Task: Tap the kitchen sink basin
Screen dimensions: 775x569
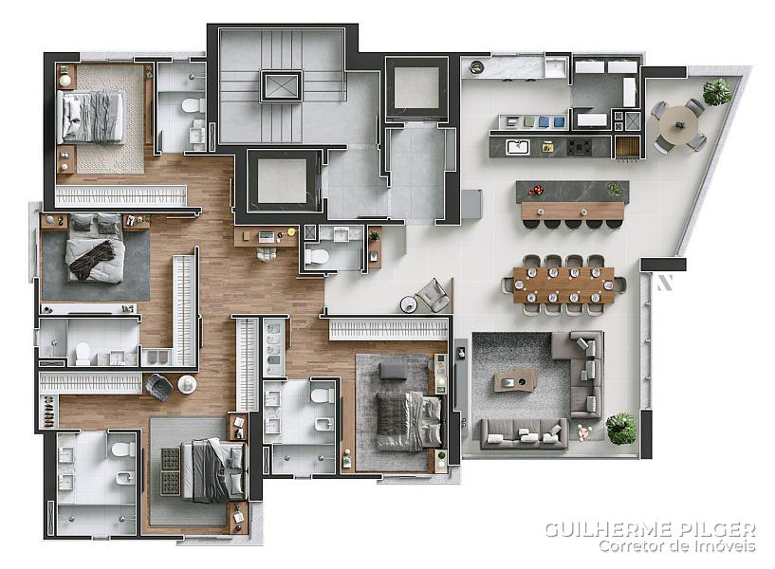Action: tap(517, 147)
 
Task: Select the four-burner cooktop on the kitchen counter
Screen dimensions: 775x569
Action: tap(580, 147)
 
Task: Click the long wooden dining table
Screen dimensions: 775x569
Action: tap(563, 285)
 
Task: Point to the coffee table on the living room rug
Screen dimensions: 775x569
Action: tap(515, 381)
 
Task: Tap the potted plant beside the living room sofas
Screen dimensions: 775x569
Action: tap(620, 428)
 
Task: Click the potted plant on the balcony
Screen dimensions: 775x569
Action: tap(717, 92)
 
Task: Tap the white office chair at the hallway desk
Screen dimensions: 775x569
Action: tap(267, 253)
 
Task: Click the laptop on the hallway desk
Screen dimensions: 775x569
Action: tap(266, 236)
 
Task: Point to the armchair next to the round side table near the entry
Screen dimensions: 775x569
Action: tap(433, 295)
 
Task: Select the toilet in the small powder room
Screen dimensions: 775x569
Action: tap(316, 256)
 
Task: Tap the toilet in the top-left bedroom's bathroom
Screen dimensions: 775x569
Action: tap(194, 105)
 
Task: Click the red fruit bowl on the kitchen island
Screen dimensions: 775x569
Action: tap(535, 190)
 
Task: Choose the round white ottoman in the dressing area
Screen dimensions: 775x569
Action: tap(187, 384)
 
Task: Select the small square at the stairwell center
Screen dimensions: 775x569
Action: tap(281, 86)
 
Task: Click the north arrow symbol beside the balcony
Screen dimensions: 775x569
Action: tap(665, 282)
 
